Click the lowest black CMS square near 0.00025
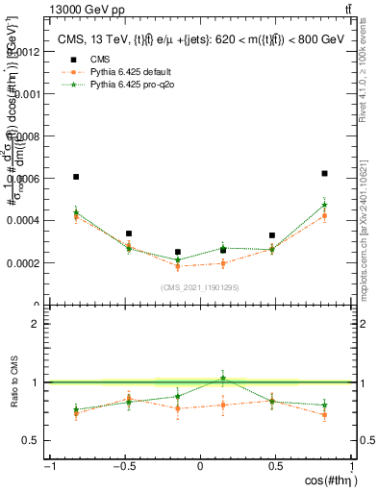tap(178, 252)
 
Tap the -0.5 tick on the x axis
tap(125, 467)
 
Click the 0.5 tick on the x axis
tap(275, 467)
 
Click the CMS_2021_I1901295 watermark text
tap(199, 287)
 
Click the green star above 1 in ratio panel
tap(223, 379)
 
